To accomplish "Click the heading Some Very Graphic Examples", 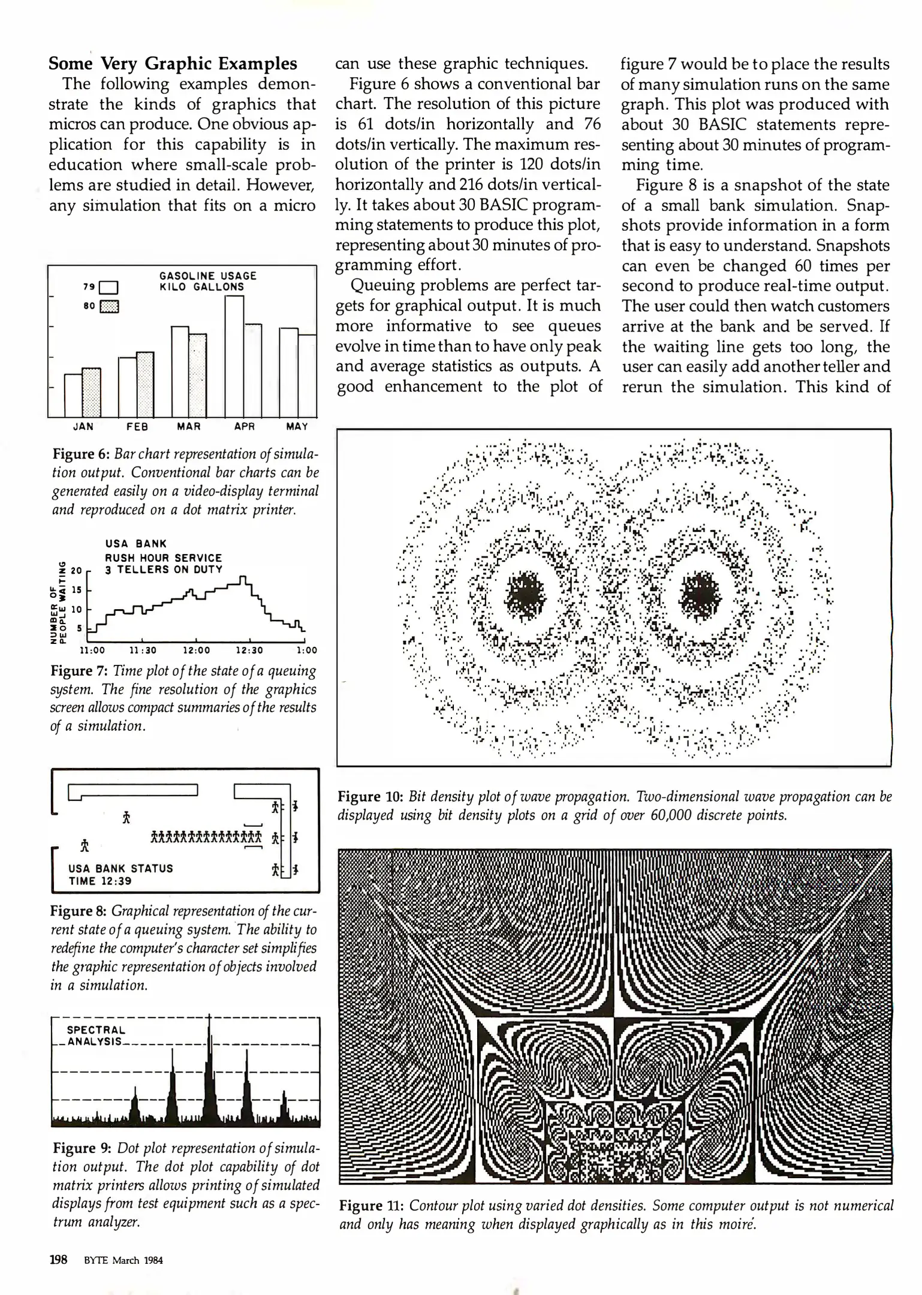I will (x=173, y=64).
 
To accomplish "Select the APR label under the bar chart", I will (x=245, y=426).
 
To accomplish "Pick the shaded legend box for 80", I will (x=110, y=306).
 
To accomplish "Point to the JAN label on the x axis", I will (x=83, y=426).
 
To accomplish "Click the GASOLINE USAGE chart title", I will (x=207, y=276).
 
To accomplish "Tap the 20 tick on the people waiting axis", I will (x=76, y=570).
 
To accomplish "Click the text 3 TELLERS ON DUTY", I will (x=164, y=570).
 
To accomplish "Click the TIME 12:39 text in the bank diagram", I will (x=100, y=881).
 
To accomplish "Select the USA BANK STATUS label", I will (x=120, y=868).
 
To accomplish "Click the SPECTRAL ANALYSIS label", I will (x=96, y=1035).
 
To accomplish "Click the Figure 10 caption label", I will (x=370, y=797).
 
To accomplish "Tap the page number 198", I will (x=58, y=1260).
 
